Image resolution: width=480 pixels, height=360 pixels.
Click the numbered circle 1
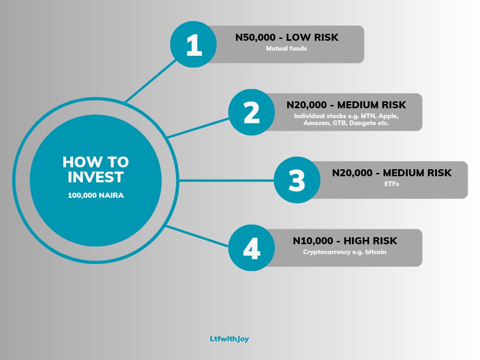(194, 45)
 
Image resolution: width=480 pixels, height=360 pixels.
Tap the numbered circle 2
(252, 113)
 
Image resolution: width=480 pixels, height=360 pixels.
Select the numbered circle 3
(297, 180)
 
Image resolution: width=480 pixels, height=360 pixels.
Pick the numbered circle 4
(252, 248)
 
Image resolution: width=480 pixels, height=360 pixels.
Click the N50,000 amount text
(256, 37)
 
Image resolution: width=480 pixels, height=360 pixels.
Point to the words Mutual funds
(286, 48)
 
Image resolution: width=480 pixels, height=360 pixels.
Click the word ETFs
(391, 184)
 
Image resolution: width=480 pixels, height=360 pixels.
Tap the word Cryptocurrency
(326, 252)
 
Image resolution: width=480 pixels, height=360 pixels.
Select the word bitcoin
(376, 252)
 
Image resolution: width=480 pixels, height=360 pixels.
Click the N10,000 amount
(314, 241)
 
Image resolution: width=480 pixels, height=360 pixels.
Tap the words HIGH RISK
(370, 241)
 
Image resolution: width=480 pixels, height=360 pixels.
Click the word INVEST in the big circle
(96, 177)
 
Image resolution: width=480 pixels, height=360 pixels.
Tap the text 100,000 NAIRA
(96, 195)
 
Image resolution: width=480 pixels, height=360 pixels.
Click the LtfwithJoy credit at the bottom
(229, 338)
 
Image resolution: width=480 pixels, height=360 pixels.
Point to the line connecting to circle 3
(225, 180)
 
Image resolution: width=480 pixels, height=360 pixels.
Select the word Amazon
(317, 123)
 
